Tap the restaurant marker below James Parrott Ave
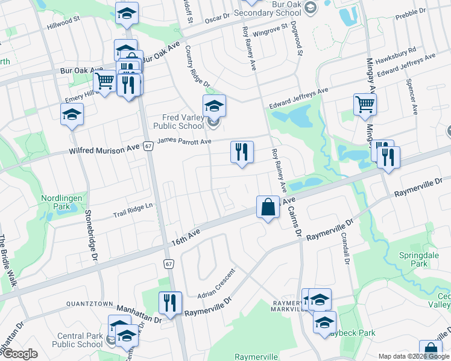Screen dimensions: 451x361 click(242, 152)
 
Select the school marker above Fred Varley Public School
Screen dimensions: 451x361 click(213, 106)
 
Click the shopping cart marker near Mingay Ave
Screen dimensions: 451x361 click(365, 105)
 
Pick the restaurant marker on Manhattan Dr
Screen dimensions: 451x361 click(170, 303)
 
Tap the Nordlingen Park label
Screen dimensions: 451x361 click(60, 202)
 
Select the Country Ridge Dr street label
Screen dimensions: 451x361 click(197, 67)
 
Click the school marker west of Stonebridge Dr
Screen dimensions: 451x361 click(72, 115)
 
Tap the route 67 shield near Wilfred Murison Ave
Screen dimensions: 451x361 click(148, 146)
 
